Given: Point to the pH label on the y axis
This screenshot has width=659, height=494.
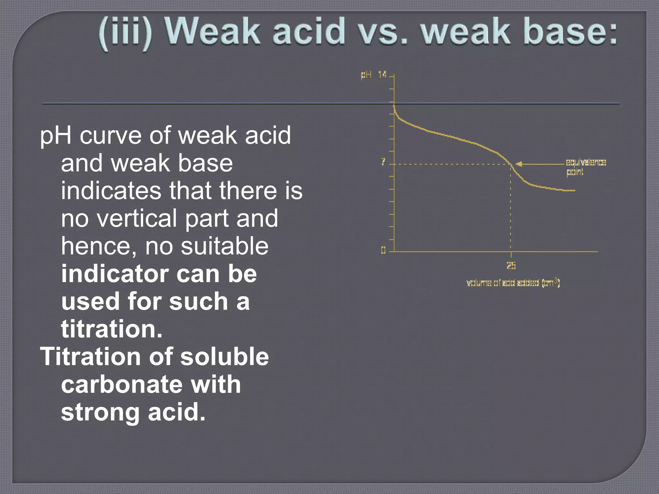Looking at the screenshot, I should [x=366, y=75].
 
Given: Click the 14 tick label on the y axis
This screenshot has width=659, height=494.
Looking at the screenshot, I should [x=382, y=75].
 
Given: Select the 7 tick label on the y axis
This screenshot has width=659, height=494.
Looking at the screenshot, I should [x=383, y=162].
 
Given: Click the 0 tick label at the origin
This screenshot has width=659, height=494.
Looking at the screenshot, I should [x=383, y=250].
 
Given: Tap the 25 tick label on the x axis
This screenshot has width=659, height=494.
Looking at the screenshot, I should [x=511, y=265].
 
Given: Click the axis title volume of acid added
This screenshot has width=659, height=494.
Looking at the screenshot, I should [x=513, y=283].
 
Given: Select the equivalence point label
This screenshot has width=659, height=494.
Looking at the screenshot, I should [x=585, y=167].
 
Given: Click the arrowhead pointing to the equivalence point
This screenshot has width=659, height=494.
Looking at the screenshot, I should [x=518, y=164].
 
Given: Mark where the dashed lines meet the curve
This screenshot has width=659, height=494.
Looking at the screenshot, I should [x=511, y=164].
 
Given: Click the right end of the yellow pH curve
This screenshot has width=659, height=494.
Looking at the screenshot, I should [x=574, y=190].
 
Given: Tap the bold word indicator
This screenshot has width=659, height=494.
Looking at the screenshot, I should [x=115, y=274].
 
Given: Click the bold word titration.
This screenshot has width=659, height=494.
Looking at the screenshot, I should [x=111, y=329].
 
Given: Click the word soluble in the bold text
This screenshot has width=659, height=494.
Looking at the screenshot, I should [x=224, y=357].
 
